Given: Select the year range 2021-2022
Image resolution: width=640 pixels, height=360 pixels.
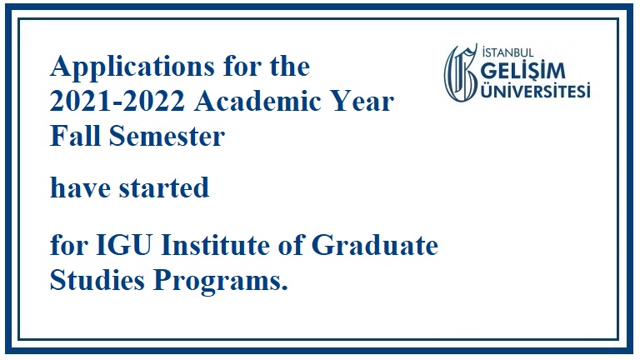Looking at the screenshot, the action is pos(117,101).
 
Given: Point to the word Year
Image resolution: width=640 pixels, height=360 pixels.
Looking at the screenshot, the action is pos(362,101).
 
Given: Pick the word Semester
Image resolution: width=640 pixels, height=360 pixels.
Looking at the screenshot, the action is pos(167,136).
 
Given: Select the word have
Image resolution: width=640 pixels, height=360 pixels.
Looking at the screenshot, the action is pos(80,187).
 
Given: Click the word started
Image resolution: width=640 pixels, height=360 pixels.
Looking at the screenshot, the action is pos(164,187).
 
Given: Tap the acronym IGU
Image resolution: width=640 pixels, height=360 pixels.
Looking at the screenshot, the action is pos(124,245).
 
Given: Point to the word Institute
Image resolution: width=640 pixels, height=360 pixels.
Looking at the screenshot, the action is pos(216,244).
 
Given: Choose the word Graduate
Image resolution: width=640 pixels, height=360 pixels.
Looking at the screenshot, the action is pos(375,245).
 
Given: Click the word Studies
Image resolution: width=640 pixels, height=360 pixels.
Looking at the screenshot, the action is pos(97,280).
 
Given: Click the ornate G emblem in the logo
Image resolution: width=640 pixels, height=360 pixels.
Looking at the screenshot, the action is pos(461,72).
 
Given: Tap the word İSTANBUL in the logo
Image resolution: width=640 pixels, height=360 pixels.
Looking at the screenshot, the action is pos(507,52).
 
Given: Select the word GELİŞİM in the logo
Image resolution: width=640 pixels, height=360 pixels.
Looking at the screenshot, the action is pos(523,71).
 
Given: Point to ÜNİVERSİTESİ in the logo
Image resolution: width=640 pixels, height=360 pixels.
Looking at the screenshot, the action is pos(536,90).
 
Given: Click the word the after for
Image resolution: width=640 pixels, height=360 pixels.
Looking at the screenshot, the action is pos(290,67).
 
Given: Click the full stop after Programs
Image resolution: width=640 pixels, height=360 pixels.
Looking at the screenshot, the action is pos(284,287).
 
